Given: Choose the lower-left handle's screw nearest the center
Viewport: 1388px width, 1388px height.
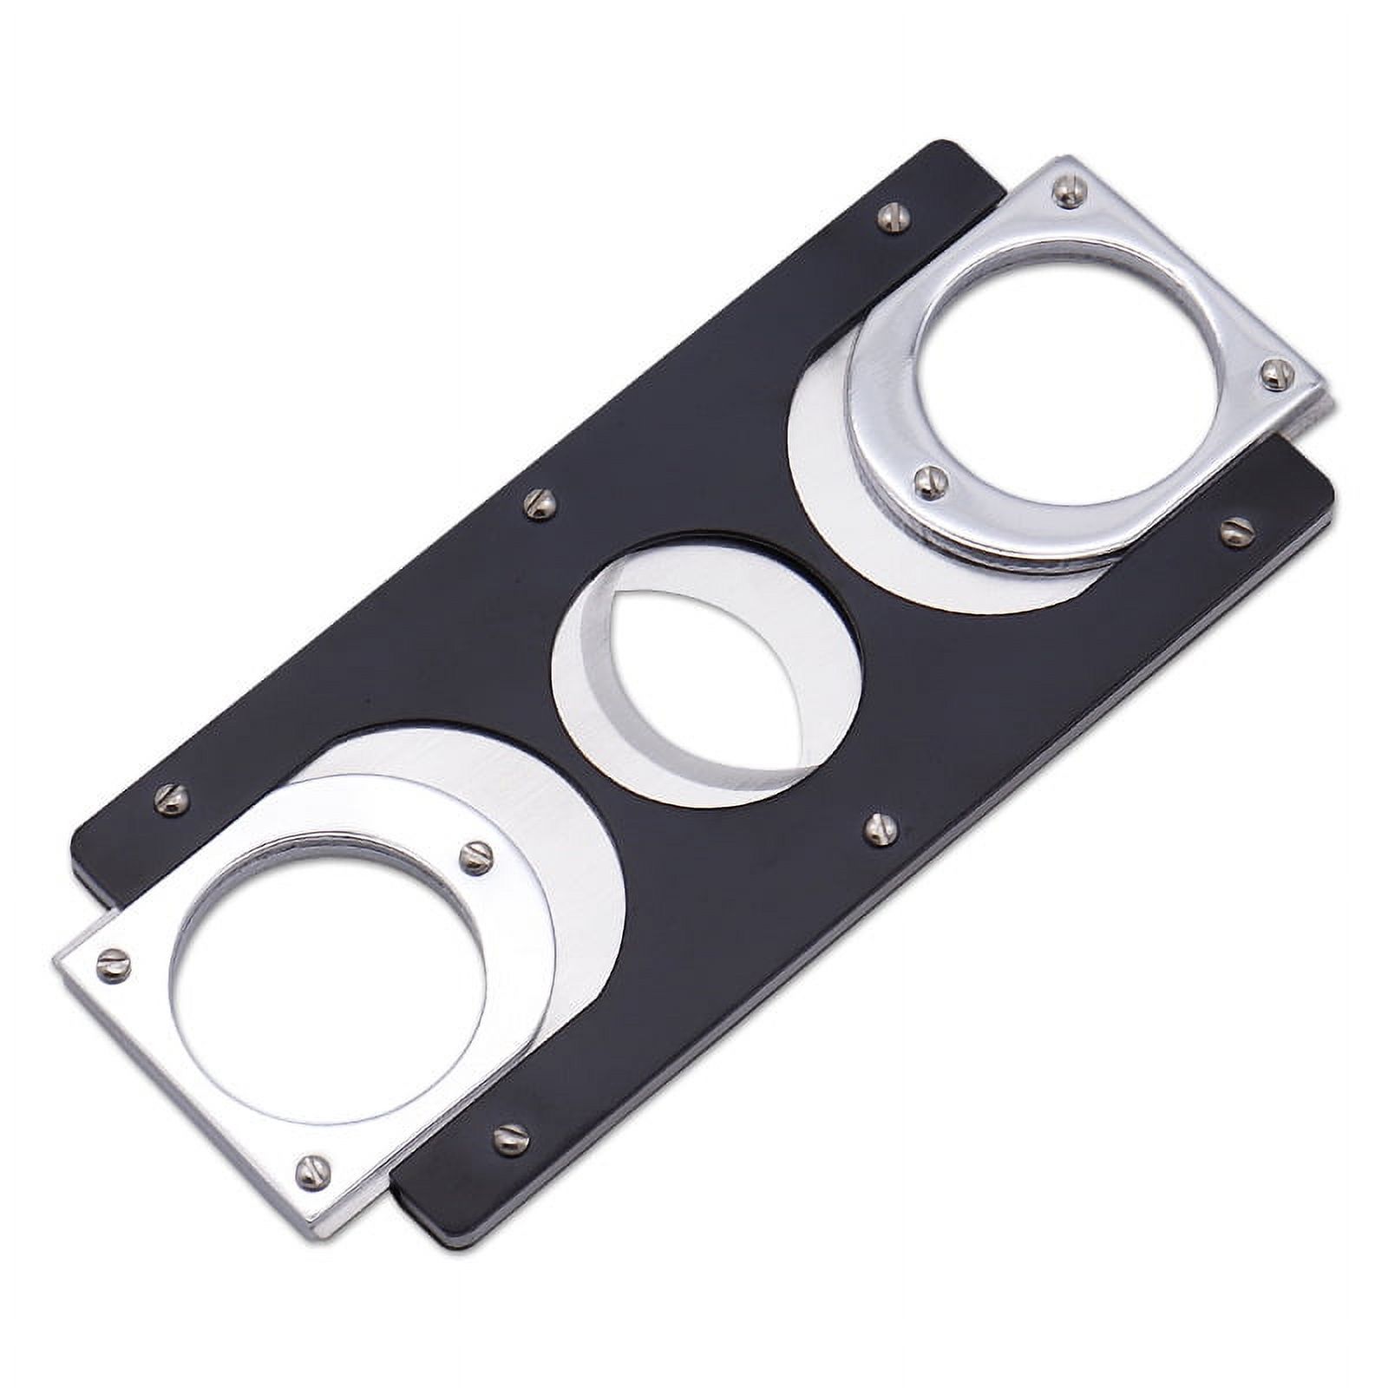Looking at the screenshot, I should point(478,854).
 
